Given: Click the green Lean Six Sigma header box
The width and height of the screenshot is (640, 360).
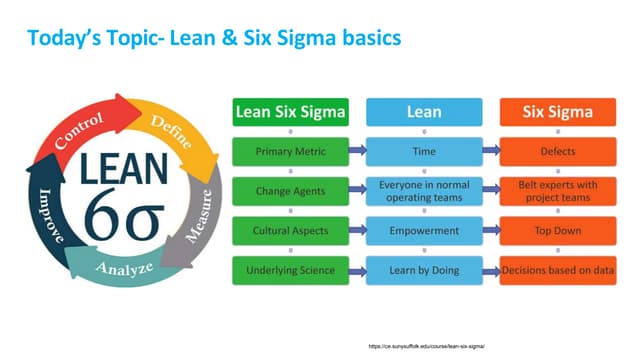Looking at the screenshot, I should point(290,113).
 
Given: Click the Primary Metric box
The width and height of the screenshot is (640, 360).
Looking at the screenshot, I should point(290,151).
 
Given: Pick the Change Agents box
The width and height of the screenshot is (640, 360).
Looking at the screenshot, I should point(290,191).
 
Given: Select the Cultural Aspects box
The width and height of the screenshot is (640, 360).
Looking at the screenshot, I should point(290,229).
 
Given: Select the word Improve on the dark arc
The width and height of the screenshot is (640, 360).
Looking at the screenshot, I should point(41,211).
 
